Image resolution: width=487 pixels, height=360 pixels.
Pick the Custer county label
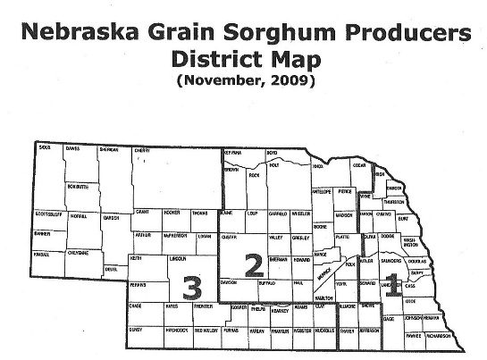click(x=231, y=238)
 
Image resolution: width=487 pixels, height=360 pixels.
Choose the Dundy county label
click(x=137, y=329)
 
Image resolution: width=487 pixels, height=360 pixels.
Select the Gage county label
click(x=388, y=318)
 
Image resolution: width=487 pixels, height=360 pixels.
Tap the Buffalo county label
click(x=265, y=281)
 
